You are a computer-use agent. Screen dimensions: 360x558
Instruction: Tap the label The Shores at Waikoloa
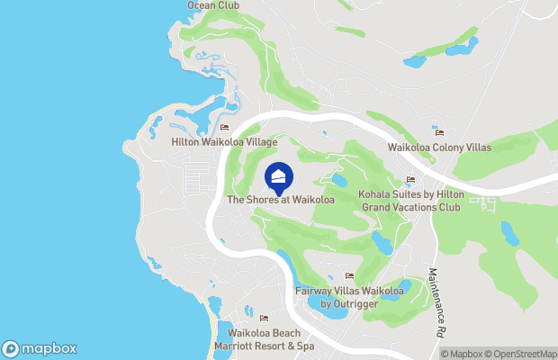(x=281, y=200)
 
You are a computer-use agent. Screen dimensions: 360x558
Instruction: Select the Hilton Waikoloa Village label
(x=223, y=142)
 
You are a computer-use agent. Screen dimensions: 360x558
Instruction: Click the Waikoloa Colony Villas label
(x=439, y=148)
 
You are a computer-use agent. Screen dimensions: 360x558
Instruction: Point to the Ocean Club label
(x=212, y=5)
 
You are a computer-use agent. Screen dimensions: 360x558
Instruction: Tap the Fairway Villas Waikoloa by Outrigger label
(x=349, y=297)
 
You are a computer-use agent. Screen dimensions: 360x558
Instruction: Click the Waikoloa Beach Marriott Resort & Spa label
(x=264, y=339)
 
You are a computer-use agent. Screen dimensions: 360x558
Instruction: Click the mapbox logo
(x=39, y=349)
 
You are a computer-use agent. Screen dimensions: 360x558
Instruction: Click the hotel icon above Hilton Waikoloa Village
(x=223, y=128)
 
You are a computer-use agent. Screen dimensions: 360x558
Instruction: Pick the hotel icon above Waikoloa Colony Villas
(x=438, y=132)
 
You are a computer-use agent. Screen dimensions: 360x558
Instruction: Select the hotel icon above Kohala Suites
(x=410, y=180)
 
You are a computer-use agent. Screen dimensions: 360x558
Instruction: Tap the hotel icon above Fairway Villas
(x=349, y=276)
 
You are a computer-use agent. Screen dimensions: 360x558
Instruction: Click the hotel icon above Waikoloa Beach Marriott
(x=264, y=318)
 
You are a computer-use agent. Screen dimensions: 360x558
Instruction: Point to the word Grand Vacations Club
(x=409, y=207)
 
